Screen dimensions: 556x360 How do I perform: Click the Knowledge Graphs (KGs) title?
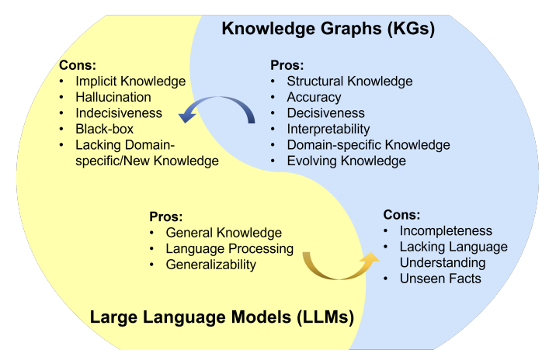click(328, 30)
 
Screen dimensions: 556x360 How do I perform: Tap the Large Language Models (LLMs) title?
click(222, 317)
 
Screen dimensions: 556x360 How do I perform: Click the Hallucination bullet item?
click(113, 97)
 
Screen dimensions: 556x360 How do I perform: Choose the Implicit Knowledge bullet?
click(130, 81)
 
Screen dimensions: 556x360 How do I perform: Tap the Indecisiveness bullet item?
click(119, 113)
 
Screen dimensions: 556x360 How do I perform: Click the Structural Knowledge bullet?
click(349, 81)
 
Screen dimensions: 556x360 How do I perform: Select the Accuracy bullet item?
click(314, 97)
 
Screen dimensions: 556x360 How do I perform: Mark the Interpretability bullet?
click(328, 129)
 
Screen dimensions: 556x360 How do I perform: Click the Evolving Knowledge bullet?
click(346, 161)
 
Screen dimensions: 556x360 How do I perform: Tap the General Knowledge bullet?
click(224, 233)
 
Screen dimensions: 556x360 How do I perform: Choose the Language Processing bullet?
click(229, 249)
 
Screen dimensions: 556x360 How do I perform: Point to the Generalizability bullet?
click(210, 265)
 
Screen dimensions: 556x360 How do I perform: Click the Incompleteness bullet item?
click(446, 231)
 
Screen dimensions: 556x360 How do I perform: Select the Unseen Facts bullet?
click(440, 279)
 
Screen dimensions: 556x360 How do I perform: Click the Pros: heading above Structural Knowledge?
click(287, 65)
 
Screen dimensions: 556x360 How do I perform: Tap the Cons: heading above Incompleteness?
click(402, 215)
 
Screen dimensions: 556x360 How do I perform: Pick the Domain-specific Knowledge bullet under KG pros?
click(368, 145)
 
